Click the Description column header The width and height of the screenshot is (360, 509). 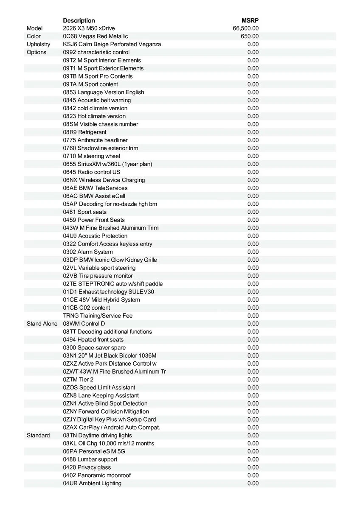pyautogui.click(x=79, y=20)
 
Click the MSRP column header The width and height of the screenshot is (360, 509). pyautogui.click(x=250, y=20)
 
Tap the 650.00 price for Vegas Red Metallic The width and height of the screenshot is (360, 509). pyautogui.click(x=250, y=36)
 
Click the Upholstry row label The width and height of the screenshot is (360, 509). pyautogui.click(x=38, y=44)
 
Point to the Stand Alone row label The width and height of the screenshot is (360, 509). pyautogui.click(x=42, y=324)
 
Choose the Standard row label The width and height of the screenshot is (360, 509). pyautogui.click(x=38, y=435)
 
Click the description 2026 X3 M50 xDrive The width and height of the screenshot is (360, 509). pyautogui.click(x=89, y=28)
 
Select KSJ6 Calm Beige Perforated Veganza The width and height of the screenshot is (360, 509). pyautogui.click(x=112, y=44)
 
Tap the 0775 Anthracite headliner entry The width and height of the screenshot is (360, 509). pyautogui.click(x=95, y=140)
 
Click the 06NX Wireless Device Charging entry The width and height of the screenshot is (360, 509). pyautogui.click(x=104, y=180)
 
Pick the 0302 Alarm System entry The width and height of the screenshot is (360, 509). pyautogui.click(x=88, y=252)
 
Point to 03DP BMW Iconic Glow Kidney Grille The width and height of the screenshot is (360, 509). pyautogui.click(x=110, y=260)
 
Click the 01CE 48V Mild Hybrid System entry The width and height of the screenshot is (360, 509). pyautogui.click(x=101, y=299)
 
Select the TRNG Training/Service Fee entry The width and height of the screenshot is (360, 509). pyautogui.click(x=98, y=316)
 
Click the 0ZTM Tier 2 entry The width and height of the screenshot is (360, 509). pyautogui.click(x=78, y=379)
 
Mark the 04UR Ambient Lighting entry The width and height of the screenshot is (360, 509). pyautogui.click(x=92, y=483)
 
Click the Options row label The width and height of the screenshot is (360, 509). pyautogui.click(x=37, y=52)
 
